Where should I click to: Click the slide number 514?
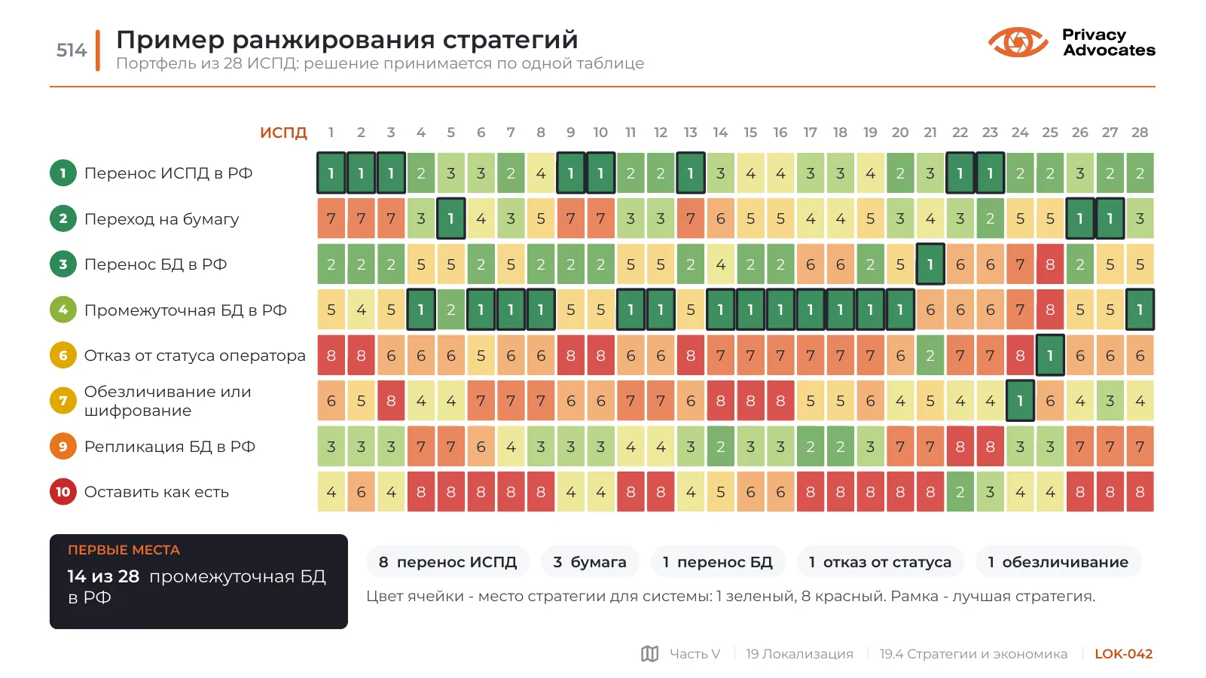(71, 50)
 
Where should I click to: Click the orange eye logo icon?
(1018, 42)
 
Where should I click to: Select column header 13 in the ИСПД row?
(690, 133)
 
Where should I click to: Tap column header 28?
(1139, 133)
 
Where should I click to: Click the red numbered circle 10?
(63, 492)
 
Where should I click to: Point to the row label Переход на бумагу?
(161, 219)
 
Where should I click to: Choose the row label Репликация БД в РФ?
(169, 447)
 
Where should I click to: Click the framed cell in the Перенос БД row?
(930, 264)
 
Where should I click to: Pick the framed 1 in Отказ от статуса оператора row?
(1050, 356)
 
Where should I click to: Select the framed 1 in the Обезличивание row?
(1020, 401)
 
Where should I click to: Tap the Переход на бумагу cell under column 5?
(450, 218)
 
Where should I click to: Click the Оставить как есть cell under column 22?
(960, 492)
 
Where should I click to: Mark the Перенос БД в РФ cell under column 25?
(1050, 264)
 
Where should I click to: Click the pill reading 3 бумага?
(590, 562)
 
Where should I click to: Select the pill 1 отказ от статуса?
(880, 562)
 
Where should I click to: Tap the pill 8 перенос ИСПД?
(447, 562)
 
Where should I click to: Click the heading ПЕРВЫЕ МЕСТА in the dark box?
(124, 550)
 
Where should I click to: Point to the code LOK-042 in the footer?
(1124, 654)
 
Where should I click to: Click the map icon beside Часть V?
(650, 654)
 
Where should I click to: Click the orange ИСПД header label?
(284, 133)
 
